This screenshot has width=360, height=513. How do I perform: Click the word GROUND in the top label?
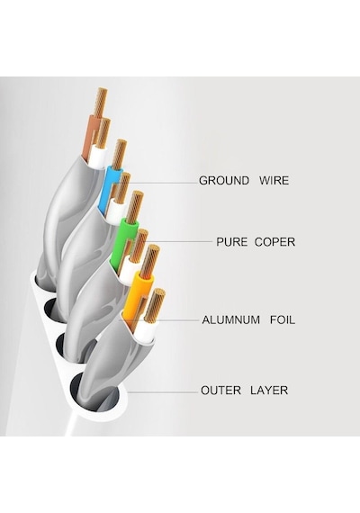tap(224, 180)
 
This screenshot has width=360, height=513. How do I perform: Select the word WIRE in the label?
tap(274, 180)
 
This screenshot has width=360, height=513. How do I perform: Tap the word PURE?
tap(231, 242)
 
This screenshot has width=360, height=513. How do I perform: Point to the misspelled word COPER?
tap(274, 242)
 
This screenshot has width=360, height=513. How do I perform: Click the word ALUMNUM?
tap(231, 319)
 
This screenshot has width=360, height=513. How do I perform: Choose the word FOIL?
tap(283, 319)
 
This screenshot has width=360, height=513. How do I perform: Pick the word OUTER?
tap(220, 391)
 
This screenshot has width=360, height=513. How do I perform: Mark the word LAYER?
tap(269, 391)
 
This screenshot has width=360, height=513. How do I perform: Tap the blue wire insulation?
tap(108, 186)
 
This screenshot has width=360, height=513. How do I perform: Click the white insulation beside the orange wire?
tap(145, 331)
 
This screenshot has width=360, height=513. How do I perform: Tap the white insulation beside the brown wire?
tap(98, 157)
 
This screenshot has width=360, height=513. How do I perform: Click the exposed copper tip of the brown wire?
tap(101, 102)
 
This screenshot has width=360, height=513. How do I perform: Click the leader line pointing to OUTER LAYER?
tap(163, 391)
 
